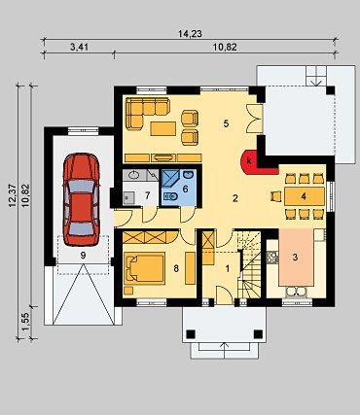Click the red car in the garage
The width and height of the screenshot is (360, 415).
81,199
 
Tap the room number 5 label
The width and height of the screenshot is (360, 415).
226,123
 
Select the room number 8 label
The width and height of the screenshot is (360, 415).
176,268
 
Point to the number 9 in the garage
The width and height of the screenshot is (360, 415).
83,256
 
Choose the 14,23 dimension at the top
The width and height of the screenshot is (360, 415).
190,34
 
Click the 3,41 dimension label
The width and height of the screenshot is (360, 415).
79,48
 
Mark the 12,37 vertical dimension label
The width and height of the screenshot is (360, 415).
14,196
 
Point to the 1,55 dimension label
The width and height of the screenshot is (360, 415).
25,323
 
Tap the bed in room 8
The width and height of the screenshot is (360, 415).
144,268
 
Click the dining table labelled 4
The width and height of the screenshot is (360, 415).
305,195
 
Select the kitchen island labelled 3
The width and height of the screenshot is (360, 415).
296,258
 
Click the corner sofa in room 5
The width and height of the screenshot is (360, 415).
143,111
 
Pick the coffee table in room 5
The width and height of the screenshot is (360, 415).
163,128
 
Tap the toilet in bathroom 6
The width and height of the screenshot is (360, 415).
170,196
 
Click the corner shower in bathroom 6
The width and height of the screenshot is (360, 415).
171,179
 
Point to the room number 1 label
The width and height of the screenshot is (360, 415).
228,268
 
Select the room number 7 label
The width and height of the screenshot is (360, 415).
147,195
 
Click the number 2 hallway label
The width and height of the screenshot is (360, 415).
235,198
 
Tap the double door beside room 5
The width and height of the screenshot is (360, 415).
254,119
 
